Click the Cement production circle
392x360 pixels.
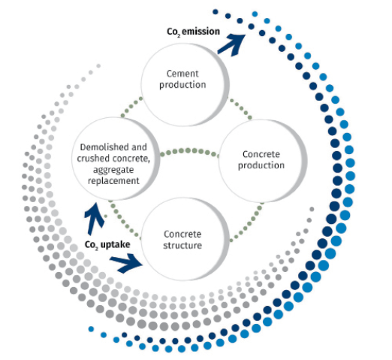[185, 84]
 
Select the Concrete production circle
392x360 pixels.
[263, 161]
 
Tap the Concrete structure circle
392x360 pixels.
[185, 239]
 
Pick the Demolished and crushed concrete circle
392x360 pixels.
[116, 159]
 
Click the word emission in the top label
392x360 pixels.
[201, 32]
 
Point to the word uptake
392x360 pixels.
[115, 244]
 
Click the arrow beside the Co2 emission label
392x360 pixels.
[231, 44]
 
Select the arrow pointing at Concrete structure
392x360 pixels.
[126, 263]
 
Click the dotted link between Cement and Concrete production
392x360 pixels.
[240, 109]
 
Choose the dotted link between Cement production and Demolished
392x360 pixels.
[131, 107]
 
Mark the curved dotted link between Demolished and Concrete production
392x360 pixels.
[189, 152]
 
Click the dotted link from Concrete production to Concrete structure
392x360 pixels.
[246, 222]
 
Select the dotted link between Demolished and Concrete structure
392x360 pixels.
[124, 218]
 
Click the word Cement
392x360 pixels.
[182, 74]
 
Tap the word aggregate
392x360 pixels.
[113, 170]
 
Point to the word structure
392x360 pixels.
[182, 246]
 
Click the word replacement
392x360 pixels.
[113, 181]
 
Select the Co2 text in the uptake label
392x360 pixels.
[92, 245]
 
